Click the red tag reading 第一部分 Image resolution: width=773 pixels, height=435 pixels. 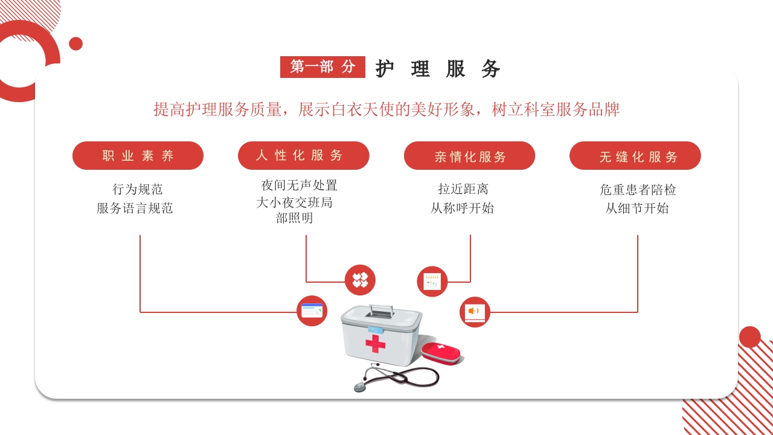tap(322, 67)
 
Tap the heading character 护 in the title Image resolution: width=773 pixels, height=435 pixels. tap(385, 69)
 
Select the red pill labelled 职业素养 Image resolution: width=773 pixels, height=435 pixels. tap(138, 155)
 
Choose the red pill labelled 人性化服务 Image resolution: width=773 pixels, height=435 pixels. tap(304, 155)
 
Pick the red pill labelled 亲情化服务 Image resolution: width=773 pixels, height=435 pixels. tap(469, 155)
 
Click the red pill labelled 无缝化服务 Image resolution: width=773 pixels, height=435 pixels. tap(635, 155)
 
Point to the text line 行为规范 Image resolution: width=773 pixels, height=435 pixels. tap(137, 189)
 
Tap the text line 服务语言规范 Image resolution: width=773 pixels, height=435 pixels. tap(135, 208)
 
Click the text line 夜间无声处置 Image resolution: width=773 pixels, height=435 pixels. tap(299, 185)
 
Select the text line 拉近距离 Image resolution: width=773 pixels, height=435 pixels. tap(463, 189)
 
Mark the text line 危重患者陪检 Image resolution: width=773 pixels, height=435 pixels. tap(638, 190)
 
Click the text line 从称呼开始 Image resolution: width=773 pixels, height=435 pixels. tap(462, 208)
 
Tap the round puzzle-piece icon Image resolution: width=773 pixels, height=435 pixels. tap(361, 280)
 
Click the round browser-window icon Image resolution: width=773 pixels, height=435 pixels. tap(312, 311)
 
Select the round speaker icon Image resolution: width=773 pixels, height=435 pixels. tap(475, 312)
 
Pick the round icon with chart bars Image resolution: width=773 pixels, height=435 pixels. tap(432, 282)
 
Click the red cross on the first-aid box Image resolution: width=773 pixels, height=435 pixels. tap(376, 344)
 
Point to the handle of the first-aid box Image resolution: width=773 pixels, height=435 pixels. tap(381, 311)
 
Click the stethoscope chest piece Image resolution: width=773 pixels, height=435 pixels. tap(360, 387)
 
